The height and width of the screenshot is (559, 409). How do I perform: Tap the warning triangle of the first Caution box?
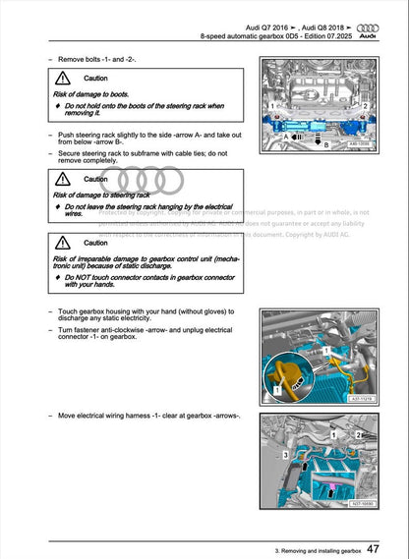(x=63, y=78)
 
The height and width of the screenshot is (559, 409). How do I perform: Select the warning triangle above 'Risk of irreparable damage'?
(x=63, y=242)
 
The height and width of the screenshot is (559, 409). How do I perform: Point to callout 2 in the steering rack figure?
(x=365, y=104)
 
